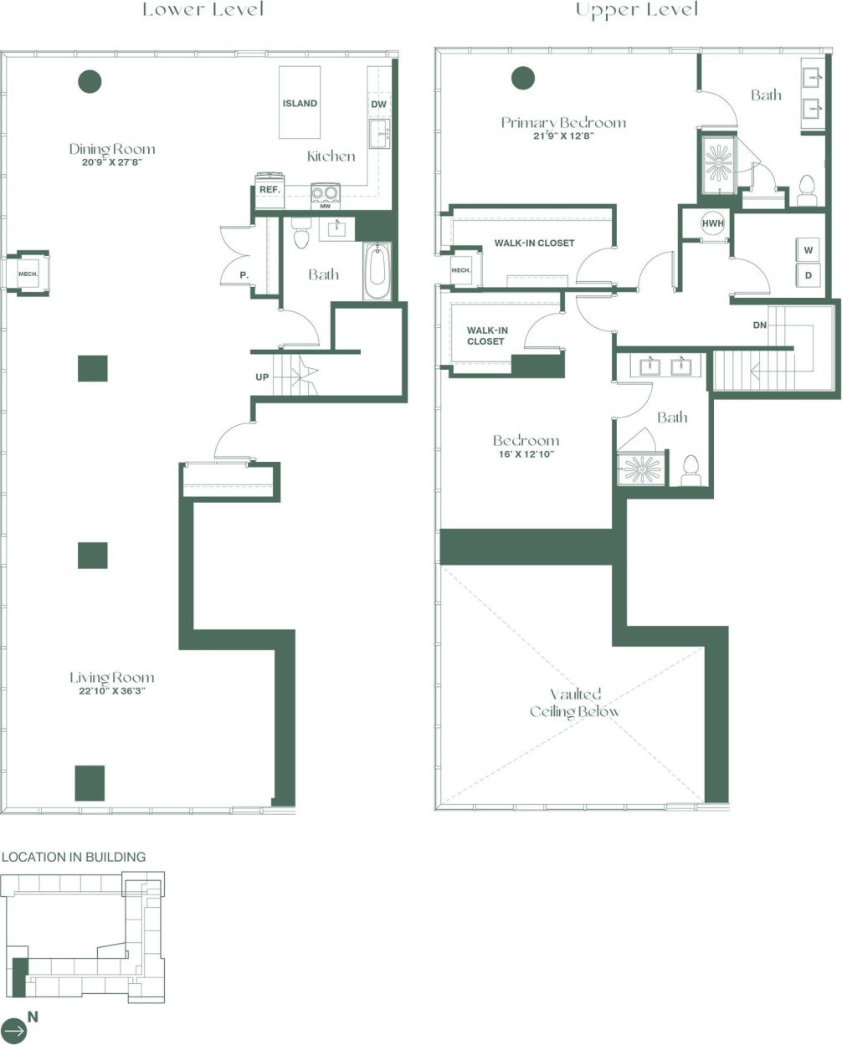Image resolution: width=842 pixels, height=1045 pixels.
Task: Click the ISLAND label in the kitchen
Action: click(x=300, y=103)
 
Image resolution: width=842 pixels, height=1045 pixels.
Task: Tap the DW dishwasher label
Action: click(x=378, y=104)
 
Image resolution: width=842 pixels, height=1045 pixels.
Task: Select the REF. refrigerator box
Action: click(x=269, y=190)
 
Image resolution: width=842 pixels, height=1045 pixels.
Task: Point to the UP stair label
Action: click(x=262, y=377)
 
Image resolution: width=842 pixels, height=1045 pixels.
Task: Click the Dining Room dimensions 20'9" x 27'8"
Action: click(x=112, y=164)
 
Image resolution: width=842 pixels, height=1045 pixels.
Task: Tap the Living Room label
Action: click(x=112, y=677)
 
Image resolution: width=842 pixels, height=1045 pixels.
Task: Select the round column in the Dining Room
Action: click(x=90, y=81)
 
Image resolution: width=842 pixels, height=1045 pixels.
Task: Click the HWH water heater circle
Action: click(x=712, y=223)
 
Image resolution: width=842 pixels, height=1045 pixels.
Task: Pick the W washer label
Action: click(x=809, y=250)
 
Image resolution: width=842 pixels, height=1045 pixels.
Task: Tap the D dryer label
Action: click(x=809, y=274)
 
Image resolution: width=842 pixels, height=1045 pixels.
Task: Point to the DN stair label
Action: click(x=759, y=325)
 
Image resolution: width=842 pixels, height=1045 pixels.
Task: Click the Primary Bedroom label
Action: click(x=563, y=122)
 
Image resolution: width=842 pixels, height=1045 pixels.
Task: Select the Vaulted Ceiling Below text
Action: click(x=575, y=703)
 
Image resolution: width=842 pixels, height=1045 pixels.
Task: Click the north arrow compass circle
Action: click(x=14, y=1030)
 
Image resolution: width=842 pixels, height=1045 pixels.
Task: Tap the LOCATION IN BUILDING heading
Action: click(x=74, y=857)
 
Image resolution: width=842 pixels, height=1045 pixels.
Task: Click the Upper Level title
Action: click(x=637, y=10)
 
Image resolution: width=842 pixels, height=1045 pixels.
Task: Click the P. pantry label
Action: click(x=244, y=274)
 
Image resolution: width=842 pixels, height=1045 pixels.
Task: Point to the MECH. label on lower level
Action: click(x=27, y=273)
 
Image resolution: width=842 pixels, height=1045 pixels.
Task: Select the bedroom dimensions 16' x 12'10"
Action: click(x=525, y=454)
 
